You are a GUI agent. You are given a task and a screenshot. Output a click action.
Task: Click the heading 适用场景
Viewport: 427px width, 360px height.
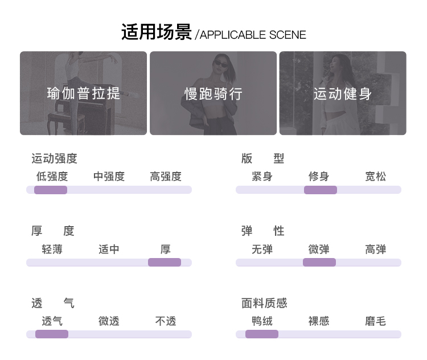pos(156,32)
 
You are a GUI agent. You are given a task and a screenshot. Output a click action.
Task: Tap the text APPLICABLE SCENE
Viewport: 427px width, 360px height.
pos(253,35)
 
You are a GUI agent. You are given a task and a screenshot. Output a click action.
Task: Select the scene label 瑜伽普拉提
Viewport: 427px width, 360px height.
pos(84,93)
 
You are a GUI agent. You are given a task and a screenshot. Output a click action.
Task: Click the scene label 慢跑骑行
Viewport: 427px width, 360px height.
pos(213,94)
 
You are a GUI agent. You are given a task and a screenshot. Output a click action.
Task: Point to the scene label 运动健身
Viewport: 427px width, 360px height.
pos(343,93)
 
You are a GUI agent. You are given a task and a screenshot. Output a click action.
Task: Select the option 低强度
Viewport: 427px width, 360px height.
pos(52,177)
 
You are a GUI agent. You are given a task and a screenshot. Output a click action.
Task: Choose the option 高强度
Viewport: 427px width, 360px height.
pos(166,177)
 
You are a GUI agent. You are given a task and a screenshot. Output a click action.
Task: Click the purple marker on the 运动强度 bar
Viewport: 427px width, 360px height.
pos(51,190)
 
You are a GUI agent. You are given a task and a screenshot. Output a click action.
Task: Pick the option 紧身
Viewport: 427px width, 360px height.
pos(262,177)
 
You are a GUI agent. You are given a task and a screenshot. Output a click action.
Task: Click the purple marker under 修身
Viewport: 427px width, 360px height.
pos(320,190)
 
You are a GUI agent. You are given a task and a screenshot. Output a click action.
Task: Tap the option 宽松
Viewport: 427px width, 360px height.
pos(375,177)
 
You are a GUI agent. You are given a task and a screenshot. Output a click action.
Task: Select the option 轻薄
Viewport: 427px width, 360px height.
pos(52,249)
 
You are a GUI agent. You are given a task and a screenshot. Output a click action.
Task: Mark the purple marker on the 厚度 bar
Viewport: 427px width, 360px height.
pos(164,262)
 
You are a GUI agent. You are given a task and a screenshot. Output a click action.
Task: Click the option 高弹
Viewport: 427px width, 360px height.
pos(375,249)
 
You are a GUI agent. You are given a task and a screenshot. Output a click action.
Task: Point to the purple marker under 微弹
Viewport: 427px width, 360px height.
pos(319,262)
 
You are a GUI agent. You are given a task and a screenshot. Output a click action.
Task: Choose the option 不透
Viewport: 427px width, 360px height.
pos(166,322)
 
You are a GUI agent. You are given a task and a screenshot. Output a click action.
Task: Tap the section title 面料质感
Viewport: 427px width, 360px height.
pos(264,303)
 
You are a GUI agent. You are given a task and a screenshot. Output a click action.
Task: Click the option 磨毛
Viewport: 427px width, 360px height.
pos(375,322)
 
